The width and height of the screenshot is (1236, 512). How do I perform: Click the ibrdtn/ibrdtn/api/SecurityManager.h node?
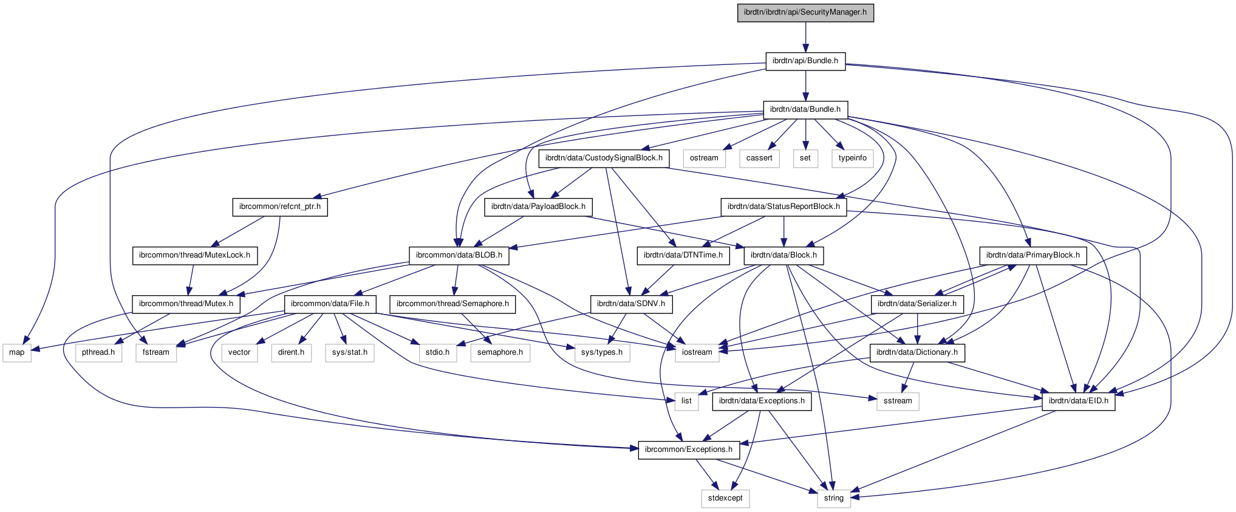[x=805, y=12]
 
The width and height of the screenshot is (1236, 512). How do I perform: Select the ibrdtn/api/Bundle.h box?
[x=805, y=61]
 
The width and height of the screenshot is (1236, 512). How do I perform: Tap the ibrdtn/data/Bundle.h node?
[x=805, y=109]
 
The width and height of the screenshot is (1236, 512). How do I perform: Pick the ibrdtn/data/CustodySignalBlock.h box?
[x=604, y=158]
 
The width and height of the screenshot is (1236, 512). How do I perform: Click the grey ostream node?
[x=704, y=158]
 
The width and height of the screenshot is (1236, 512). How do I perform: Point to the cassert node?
[x=759, y=158]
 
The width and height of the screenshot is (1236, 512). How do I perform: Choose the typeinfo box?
[x=853, y=158]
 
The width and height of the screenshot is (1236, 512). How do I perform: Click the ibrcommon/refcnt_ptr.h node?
[x=280, y=207]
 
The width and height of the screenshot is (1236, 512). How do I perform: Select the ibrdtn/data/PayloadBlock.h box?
[x=538, y=207]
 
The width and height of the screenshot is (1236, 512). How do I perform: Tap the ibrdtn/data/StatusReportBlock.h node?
[x=784, y=207]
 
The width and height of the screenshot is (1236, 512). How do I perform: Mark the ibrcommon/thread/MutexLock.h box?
[x=194, y=255]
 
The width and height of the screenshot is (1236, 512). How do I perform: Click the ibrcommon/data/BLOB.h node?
[x=459, y=255]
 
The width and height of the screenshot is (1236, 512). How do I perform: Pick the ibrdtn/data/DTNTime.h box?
[x=683, y=255]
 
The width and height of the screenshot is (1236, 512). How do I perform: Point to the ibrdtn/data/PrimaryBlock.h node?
[x=1033, y=255]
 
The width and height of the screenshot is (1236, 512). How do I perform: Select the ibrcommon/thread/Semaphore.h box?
[x=453, y=304]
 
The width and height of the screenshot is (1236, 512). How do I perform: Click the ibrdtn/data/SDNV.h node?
[x=631, y=304]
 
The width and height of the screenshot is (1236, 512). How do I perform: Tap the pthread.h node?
[x=98, y=352]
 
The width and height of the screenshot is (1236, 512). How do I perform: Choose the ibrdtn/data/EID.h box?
[x=1079, y=401]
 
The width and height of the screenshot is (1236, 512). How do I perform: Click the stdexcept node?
[x=725, y=498]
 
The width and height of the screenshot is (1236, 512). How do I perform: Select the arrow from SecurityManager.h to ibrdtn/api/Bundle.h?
[x=805, y=36]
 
